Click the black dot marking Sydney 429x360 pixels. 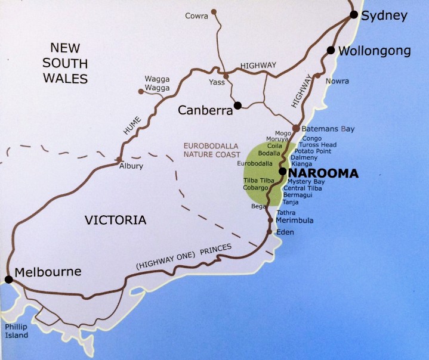(354, 14)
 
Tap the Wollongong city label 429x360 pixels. (374, 51)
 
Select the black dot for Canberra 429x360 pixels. (237, 105)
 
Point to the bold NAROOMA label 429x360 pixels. (323, 173)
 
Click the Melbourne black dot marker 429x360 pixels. (8, 279)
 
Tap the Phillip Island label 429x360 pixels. (16, 331)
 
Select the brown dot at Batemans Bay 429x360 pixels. (295, 128)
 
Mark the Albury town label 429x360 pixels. (131, 166)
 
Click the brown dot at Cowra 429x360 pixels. (214, 11)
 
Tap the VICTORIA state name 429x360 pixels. (115, 220)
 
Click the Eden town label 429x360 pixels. (285, 232)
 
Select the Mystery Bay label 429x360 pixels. (307, 181)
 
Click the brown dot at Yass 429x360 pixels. (226, 76)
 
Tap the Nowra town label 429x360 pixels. (337, 80)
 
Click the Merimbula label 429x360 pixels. (295, 221)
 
